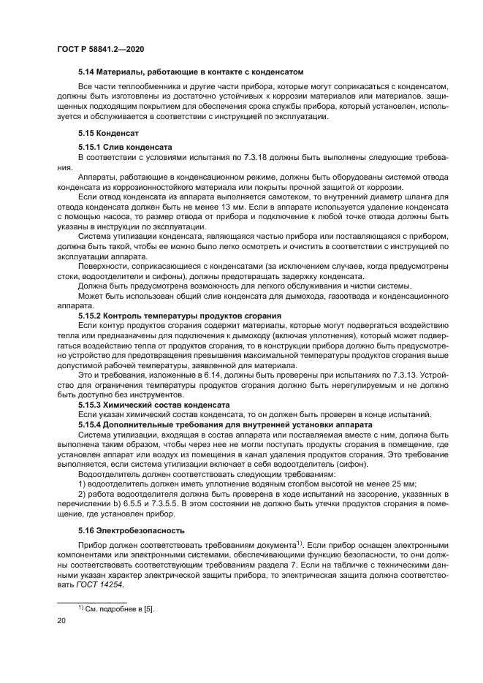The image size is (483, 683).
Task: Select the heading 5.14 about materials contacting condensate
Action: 191,72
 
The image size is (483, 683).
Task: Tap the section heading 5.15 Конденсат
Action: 103,134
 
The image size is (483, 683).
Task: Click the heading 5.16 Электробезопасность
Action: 126,530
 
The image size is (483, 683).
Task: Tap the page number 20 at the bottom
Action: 61,620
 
